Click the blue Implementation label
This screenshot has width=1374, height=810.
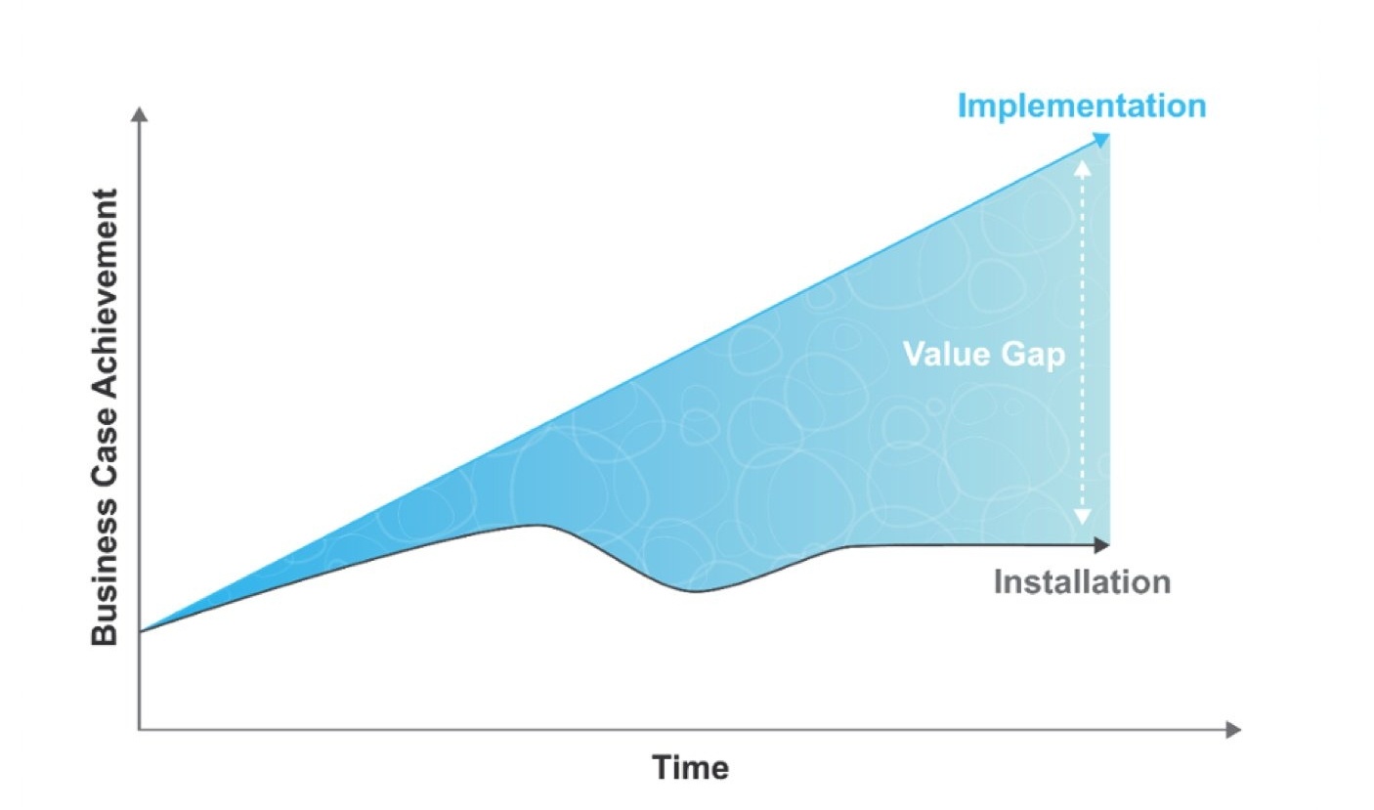(1082, 107)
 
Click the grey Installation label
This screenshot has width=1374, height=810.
(1082, 581)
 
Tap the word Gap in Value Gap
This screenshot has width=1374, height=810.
(1033, 356)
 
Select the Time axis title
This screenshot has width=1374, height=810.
(691, 767)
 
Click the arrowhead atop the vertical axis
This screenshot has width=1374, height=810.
(140, 114)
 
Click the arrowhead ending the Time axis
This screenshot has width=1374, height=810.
(1233, 730)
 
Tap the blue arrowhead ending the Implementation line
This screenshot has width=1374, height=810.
(1101, 140)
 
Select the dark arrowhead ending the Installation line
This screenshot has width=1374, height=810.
(1102, 544)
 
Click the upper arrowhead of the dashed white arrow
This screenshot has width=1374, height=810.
(1083, 167)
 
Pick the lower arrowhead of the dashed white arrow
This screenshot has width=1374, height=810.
(1083, 517)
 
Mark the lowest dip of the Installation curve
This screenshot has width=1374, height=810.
(696, 591)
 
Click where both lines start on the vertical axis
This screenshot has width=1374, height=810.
(141, 631)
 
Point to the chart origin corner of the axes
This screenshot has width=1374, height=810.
(140, 730)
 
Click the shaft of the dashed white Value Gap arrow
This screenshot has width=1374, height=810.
(1083, 342)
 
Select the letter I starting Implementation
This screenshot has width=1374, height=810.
(962, 106)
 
